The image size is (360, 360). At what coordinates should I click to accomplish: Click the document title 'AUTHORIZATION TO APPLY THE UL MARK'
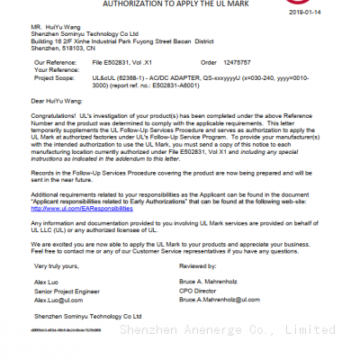[x=177, y=4]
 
